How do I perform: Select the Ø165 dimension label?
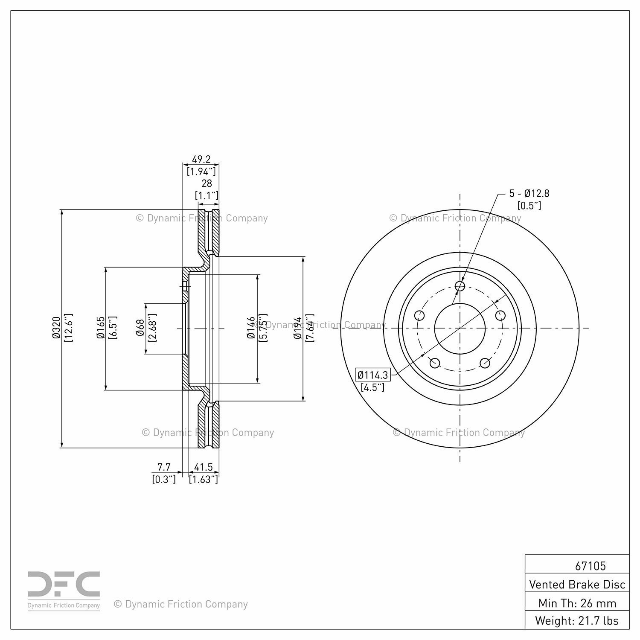pos(101,328)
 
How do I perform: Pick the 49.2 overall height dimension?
pos(201,159)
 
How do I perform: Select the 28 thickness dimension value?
pos(207,183)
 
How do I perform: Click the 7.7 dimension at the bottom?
pos(164,468)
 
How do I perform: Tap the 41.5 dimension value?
pos(203,468)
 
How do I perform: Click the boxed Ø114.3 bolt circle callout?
pos(373,375)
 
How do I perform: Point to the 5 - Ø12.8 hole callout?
pos(529,193)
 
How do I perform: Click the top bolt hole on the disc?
pos(460,286)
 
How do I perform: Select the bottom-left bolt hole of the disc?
pos(435,363)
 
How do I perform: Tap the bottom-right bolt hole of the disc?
pos(485,363)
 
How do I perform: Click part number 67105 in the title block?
pos(590,566)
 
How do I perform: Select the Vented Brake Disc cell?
pos(577,584)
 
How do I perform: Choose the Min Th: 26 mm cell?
pos(577,603)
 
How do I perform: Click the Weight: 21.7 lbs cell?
pos(577,620)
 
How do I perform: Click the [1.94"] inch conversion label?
pos(201,172)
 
